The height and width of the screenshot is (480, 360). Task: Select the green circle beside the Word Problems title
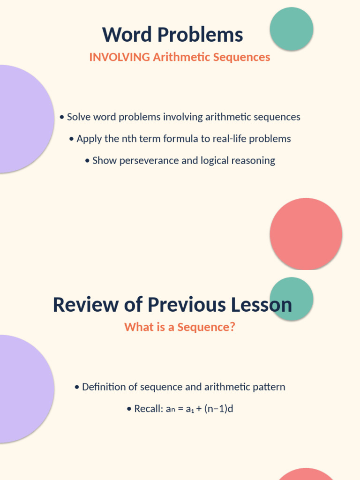pyautogui.click(x=292, y=29)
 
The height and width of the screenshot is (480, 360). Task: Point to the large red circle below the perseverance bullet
pyautogui.click(x=306, y=233)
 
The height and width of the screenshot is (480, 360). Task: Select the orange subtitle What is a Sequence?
pyautogui.click(x=180, y=327)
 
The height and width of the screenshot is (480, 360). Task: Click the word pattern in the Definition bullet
pyautogui.click(x=268, y=387)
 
